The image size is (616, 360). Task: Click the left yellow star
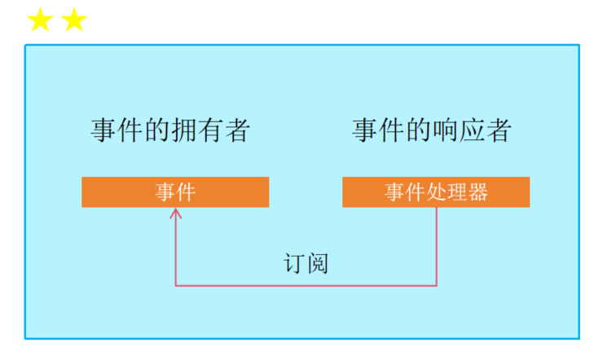point(39,20)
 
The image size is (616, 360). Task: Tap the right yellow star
point(73,20)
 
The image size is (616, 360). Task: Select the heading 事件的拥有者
point(169,130)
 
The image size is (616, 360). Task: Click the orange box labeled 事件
point(175,192)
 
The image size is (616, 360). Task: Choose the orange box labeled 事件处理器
point(436,192)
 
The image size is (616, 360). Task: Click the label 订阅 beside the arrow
point(306,263)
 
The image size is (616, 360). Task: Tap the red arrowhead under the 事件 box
point(175,213)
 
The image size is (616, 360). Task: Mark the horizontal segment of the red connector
point(306,285)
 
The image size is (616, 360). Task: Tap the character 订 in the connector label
point(294,263)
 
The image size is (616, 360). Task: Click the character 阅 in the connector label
point(317,263)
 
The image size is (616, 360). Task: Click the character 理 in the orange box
point(456,192)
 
